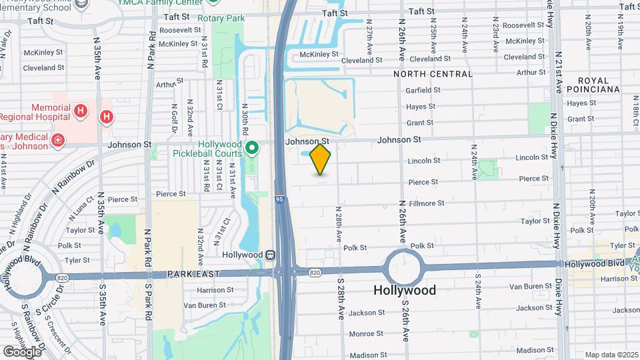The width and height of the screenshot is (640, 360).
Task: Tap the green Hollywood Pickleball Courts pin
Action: click(x=252, y=147)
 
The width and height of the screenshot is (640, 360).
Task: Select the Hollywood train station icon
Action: click(x=271, y=255)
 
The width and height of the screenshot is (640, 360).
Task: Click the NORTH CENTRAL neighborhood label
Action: click(x=433, y=74)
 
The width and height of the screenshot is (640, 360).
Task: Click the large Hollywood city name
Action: click(x=405, y=290)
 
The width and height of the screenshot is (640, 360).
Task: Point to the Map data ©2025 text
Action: click(x=611, y=355)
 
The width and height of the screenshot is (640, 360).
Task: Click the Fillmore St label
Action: click(x=427, y=203)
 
